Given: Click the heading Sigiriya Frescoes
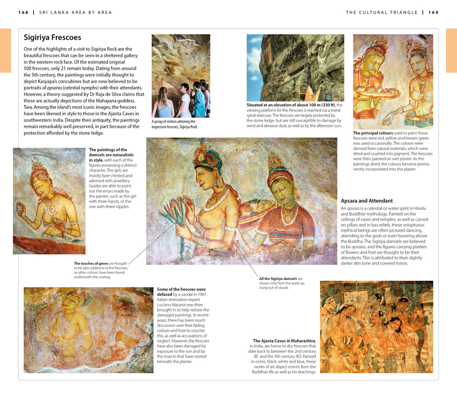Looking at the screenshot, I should coord(52,38).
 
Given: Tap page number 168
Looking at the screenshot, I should coord(23,13).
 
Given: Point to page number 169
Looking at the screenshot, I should coord(433,13).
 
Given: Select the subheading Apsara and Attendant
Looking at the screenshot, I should coord(367,201).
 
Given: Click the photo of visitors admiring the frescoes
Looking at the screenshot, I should coord(181,75).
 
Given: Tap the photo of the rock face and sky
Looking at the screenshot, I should coord(295,67).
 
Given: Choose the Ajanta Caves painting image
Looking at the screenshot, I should coord(376,326).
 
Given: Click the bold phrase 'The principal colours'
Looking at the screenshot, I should coord(373,133).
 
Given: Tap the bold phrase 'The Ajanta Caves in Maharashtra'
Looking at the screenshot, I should coord(284,341).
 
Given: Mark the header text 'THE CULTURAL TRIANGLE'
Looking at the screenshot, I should coord(382,13).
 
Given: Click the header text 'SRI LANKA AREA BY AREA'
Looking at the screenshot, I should coord(75,13).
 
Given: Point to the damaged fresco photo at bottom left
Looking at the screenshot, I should coord(88,330).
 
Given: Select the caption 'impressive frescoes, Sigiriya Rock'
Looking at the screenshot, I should coord(174,127).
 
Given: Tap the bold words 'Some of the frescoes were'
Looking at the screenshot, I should coord(181,289).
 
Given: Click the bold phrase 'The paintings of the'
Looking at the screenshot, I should coord(108,150).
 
